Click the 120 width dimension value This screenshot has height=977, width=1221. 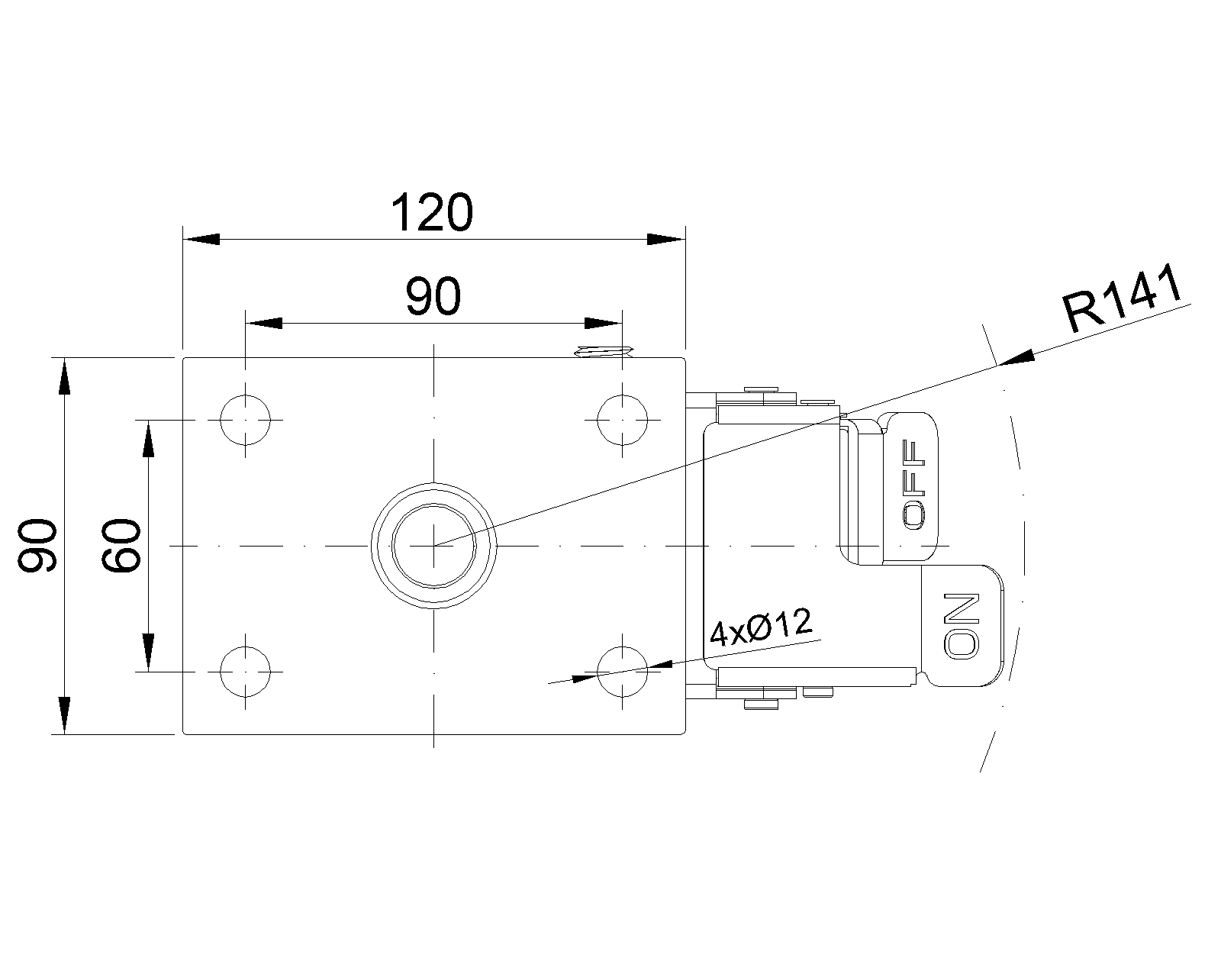432,212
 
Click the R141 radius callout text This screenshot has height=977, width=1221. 1123,298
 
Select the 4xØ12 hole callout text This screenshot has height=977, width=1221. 762,627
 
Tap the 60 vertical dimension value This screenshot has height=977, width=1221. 121,545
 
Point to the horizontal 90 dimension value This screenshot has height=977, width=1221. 433,297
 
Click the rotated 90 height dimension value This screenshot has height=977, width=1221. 37,545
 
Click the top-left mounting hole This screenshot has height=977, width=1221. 245,420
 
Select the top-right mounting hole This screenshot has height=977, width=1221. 623,420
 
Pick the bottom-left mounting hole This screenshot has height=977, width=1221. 245,672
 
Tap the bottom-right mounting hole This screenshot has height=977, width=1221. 623,672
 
